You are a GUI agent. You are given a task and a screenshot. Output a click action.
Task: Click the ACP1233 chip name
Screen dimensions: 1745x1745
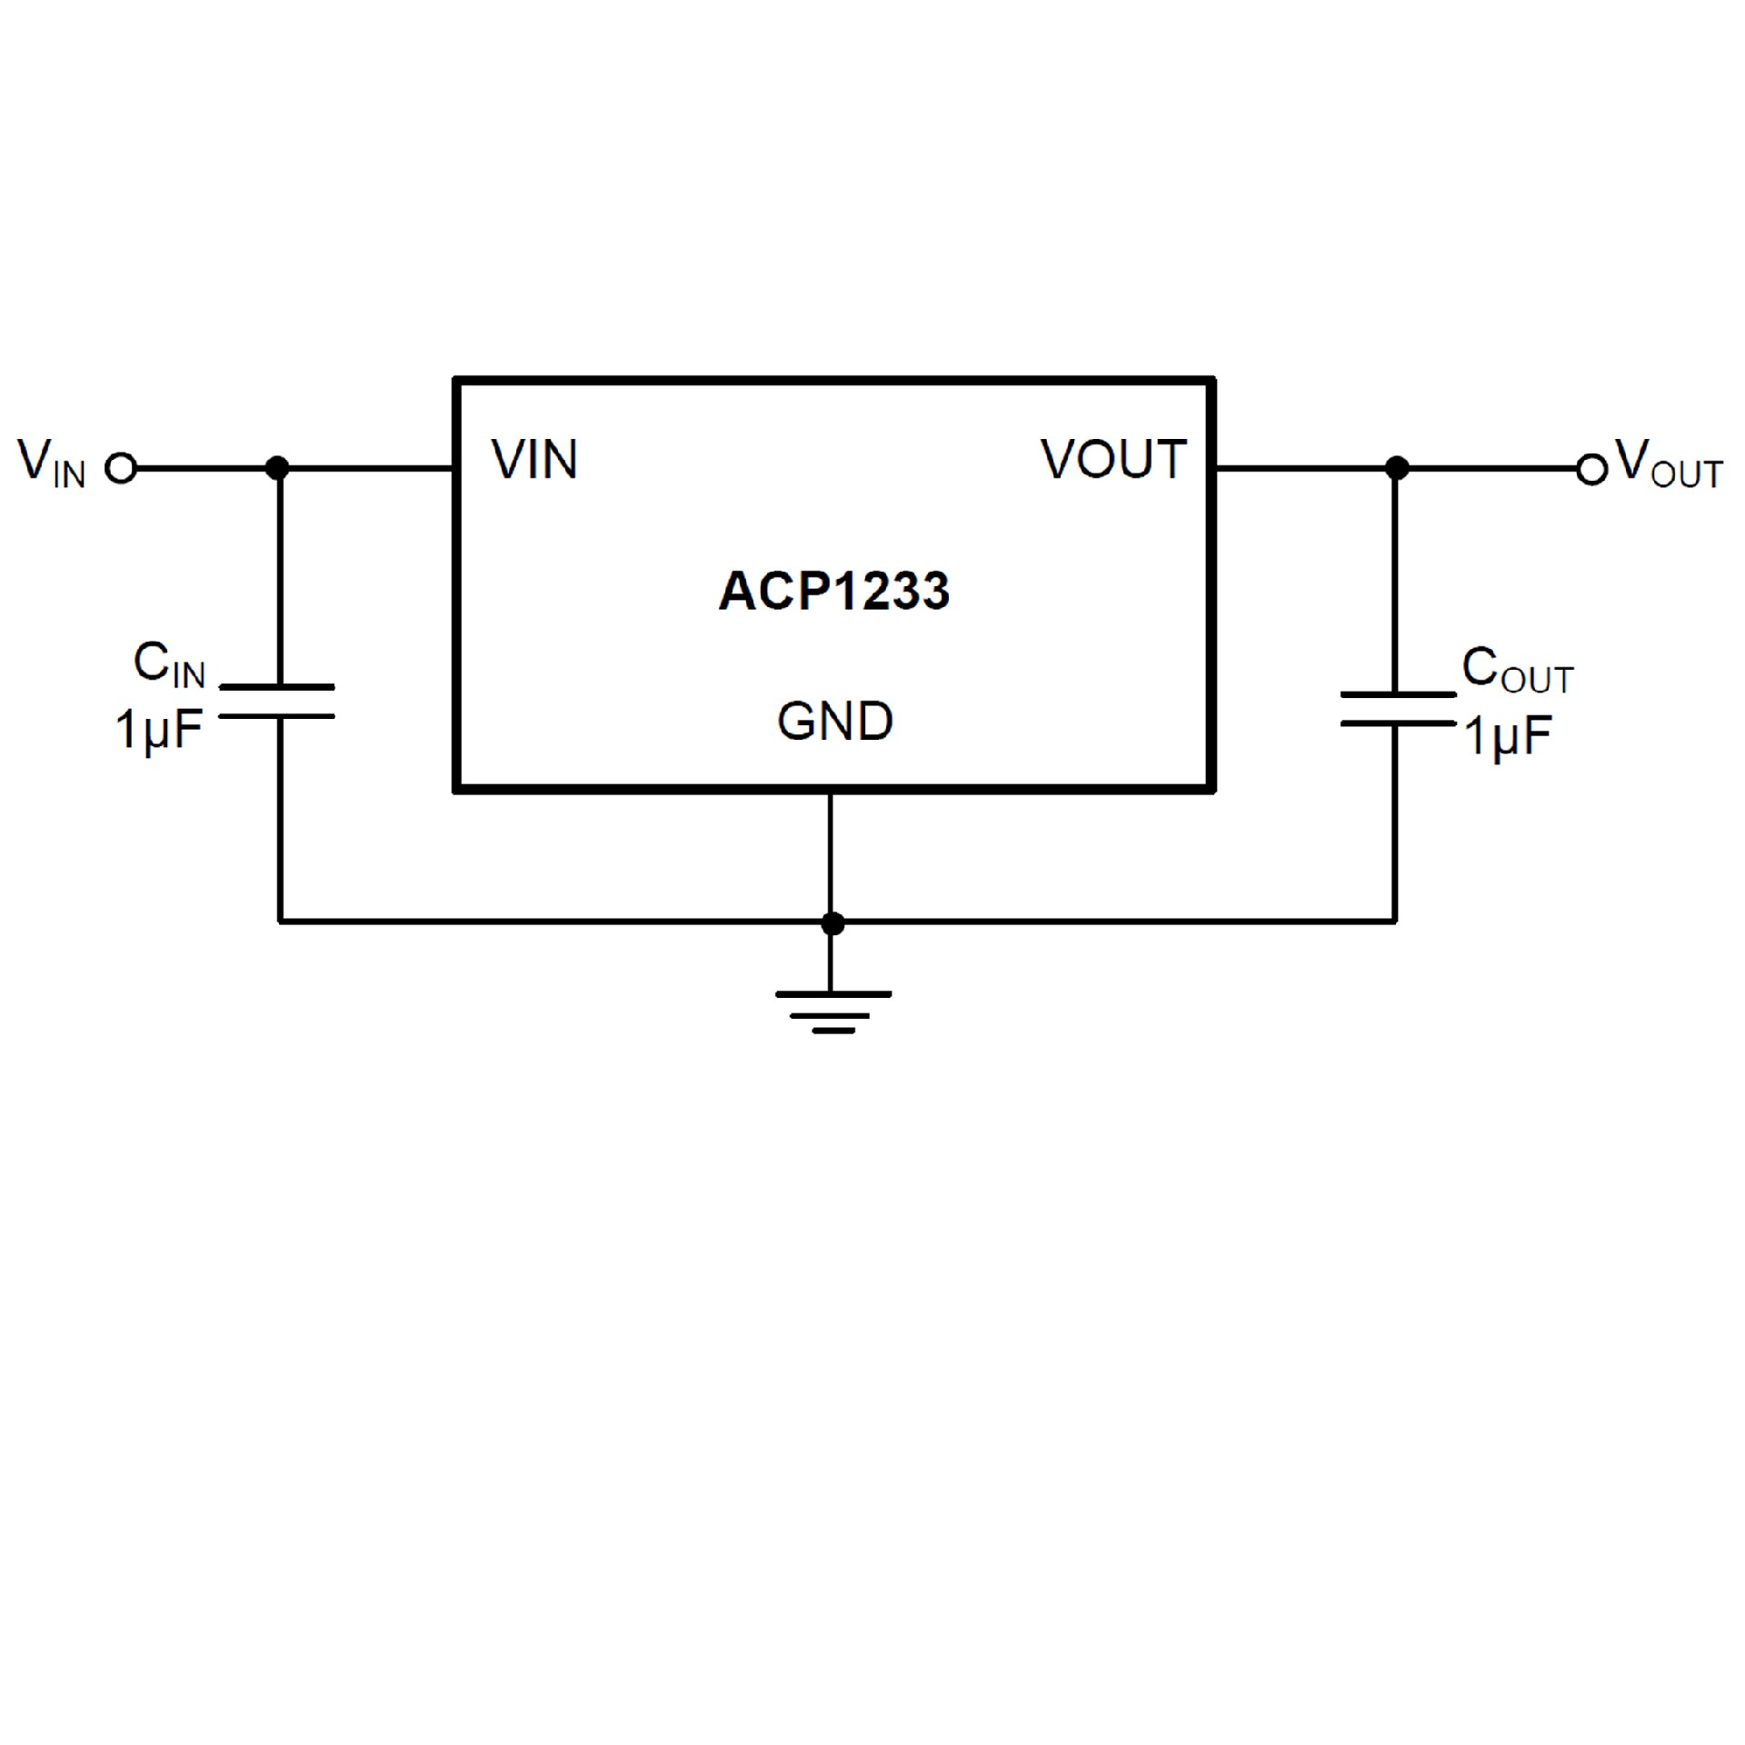coord(833,591)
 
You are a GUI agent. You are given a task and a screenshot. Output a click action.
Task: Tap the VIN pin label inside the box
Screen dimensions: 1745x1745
coord(534,459)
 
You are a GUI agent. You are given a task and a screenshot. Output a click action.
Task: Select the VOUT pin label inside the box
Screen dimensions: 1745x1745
coord(1113,459)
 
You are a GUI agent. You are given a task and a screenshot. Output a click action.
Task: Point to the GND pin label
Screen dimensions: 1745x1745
coord(834,722)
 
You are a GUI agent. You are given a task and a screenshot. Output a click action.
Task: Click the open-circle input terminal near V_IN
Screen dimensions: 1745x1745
coord(121,468)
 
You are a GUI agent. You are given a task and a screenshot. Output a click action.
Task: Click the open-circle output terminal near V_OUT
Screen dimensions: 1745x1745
coord(1591,469)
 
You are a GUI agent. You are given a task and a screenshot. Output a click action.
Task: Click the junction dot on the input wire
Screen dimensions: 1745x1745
coord(278,468)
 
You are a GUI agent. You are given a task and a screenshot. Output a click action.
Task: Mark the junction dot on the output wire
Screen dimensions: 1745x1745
coord(1397,468)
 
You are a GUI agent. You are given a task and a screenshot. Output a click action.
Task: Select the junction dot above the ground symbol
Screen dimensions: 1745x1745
coord(832,923)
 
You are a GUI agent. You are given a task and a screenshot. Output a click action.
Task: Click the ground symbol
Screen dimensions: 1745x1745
coord(833,1012)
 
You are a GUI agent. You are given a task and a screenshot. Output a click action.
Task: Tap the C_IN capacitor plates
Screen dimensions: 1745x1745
coord(278,702)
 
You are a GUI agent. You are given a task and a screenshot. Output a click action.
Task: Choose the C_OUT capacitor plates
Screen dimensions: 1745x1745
coord(1397,709)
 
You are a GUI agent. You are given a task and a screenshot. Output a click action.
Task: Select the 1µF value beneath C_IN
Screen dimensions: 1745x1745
coord(158,729)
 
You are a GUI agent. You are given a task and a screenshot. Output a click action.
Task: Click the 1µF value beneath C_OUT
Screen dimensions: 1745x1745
coord(1507,735)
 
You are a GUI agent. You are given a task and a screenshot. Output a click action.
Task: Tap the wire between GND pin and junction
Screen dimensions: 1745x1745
coord(831,854)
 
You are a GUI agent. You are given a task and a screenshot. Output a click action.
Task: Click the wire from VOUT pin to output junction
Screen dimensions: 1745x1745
coord(1304,468)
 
